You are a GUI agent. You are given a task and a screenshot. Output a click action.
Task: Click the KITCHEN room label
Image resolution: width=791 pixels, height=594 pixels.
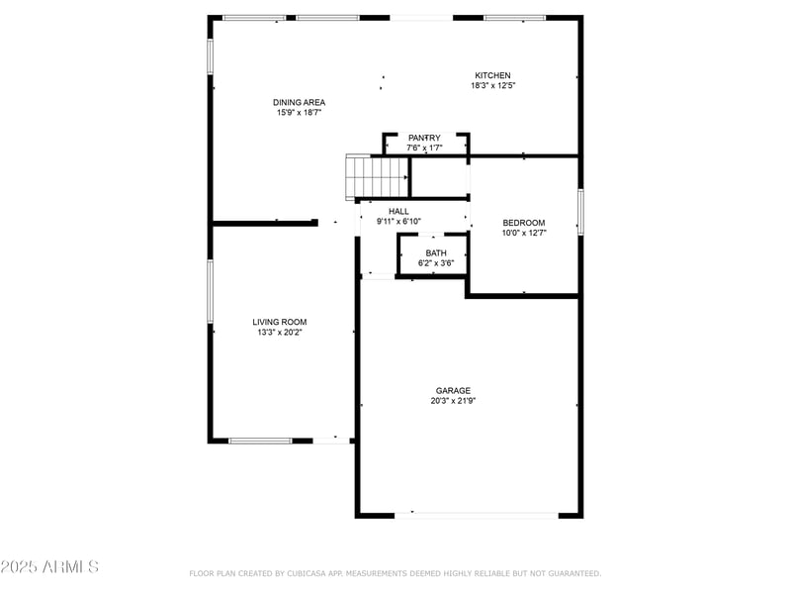(x=492, y=75)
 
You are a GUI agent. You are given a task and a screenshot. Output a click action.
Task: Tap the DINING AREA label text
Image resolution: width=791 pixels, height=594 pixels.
(x=299, y=102)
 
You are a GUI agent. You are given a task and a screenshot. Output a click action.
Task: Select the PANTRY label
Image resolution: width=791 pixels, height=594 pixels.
(x=424, y=138)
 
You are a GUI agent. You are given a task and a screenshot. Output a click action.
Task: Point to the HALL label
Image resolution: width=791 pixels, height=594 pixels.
(x=398, y=211)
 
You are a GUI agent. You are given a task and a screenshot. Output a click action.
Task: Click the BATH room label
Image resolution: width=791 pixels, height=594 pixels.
(x=436, y=253)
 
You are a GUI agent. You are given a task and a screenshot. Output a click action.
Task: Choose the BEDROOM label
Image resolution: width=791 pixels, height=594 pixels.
(x=523, y=223)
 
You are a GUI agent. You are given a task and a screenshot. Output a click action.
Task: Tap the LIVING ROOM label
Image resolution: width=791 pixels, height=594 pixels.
(x=279, y=322)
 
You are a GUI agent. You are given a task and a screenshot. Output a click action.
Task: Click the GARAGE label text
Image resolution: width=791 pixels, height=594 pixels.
(x=454, y=390)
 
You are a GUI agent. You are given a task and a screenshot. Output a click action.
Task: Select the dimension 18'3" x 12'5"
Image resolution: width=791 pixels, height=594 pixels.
(x=492, y=86)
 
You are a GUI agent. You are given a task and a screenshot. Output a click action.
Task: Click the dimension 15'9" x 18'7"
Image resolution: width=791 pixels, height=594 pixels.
(x=299, y=113)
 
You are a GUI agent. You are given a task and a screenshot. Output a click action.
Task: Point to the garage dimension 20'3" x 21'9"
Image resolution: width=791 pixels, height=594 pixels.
(x=454, y=401)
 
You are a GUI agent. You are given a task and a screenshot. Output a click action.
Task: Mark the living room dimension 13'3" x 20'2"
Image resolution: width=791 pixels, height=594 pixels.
(x=279, y=333)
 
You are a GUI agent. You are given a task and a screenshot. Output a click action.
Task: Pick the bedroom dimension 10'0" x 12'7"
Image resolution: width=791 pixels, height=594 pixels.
(x=523, y=234)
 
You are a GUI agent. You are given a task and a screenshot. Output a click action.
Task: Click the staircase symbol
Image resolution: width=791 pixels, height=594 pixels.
(x=377, y=176)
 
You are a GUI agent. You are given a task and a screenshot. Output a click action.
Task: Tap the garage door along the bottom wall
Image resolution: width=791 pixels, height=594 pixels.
(x=477, y=514)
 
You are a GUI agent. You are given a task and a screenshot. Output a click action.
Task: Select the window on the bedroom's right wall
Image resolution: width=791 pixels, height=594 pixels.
(x=580, y=212)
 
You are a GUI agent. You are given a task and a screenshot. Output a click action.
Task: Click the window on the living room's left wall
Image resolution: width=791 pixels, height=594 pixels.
(x=210, y=290)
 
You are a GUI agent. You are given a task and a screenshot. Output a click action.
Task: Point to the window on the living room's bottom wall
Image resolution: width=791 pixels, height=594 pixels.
(x=260, y=440)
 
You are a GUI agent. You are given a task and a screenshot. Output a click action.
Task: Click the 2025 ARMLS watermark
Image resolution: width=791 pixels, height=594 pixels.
(x=49, y=567)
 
